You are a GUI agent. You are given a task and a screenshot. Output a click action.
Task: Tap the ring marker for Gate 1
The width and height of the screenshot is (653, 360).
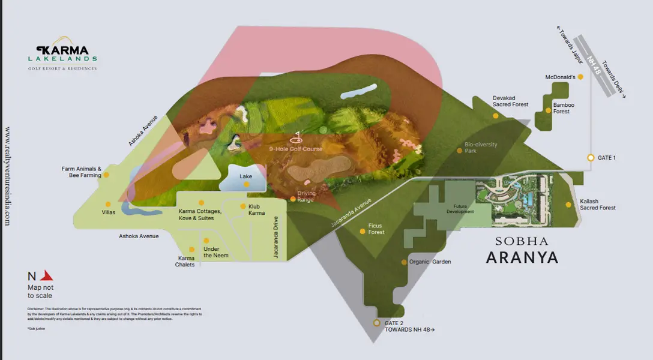[x=591, y=158]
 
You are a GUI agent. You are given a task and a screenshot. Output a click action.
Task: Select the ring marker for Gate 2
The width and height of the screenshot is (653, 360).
[x=376, y=323]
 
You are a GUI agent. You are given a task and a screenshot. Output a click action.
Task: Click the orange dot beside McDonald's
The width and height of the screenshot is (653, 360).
[x=580, y=77]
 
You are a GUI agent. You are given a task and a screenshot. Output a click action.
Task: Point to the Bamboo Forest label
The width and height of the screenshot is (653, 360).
[x=564, y=108]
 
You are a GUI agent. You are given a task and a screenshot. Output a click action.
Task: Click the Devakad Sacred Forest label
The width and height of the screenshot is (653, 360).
[x=510, y=101]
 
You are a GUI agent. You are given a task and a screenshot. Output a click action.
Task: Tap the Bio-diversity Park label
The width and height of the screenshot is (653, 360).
[x=481, y=148]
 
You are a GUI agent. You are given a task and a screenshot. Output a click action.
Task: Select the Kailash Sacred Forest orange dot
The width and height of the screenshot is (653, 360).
[x=568, y=205]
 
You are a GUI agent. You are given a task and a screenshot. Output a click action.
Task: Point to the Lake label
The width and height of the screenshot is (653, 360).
[x=245, y=176]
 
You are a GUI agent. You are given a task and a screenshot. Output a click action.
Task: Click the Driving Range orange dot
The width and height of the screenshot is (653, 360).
[x=293, y=199]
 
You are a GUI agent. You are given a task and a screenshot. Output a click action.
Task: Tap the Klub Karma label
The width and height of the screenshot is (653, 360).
[x=256, y=210]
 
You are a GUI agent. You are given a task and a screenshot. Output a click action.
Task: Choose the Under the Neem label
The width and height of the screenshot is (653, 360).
[x=215, y=252]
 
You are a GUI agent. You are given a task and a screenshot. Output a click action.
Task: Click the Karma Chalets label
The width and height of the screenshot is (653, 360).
[x=185, y=261]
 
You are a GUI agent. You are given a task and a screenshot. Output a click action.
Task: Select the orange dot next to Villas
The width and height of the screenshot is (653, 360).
[x=108, y=204]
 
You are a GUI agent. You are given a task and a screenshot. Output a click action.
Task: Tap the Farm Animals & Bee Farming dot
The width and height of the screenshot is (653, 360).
[x=106, y=175]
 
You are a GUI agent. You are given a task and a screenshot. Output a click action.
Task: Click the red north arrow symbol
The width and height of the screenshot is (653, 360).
[x=46, y=276]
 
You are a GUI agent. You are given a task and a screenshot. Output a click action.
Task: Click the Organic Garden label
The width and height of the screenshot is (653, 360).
[x=430, y=262]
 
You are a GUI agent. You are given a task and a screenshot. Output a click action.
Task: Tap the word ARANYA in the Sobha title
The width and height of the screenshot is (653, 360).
[x=522, y=257]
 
